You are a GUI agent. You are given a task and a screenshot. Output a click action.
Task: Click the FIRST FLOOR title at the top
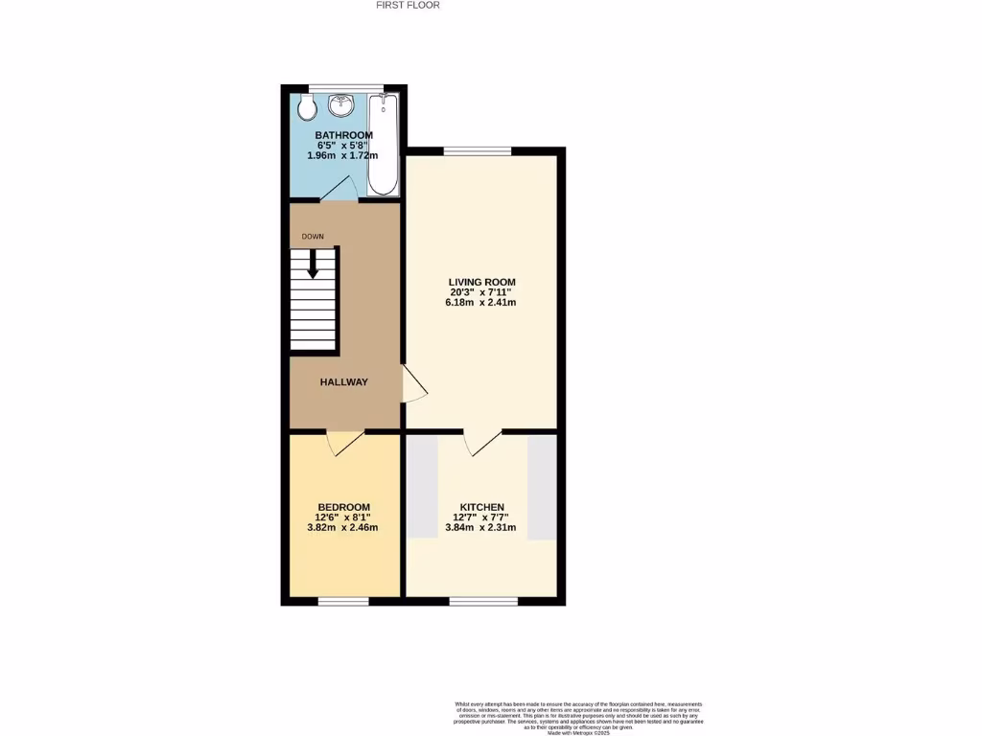409,5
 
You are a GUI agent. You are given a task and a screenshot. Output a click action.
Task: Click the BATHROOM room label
344,135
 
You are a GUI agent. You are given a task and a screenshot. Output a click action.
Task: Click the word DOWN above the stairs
313,236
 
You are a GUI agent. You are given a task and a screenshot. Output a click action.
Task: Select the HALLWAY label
344,382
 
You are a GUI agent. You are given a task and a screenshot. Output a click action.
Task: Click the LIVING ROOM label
482,282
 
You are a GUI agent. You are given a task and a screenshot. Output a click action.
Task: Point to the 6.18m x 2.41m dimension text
482,303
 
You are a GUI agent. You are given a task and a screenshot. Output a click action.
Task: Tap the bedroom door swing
344,442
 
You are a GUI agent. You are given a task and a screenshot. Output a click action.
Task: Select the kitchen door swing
482,442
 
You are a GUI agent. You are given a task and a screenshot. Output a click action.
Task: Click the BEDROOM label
344,507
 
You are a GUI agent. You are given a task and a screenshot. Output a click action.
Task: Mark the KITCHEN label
482,507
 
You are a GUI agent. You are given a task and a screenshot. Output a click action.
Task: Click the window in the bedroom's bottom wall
343,602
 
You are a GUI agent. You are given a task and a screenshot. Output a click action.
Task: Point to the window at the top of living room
477,151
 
